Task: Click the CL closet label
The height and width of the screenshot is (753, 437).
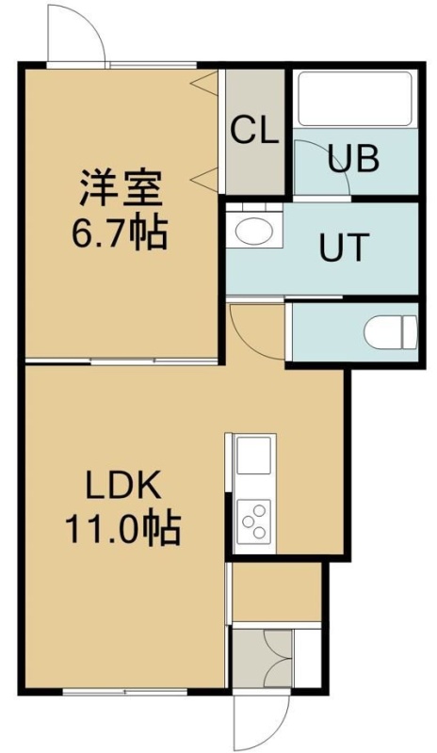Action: click(x=255, y=131)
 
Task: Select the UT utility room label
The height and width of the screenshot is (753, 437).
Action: click(x=344, y=247)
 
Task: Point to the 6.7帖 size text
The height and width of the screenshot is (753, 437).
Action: click(x=120, y=232)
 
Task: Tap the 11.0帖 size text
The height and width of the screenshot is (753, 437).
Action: click(x=123, y=528)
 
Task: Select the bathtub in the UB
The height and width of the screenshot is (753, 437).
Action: click(x=355, y=99)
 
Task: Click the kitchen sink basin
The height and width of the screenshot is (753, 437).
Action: click(x=253, y=456)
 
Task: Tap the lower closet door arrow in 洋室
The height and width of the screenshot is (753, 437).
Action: click(x=204, y=180)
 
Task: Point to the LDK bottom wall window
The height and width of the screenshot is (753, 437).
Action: click(x=124, y=692)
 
